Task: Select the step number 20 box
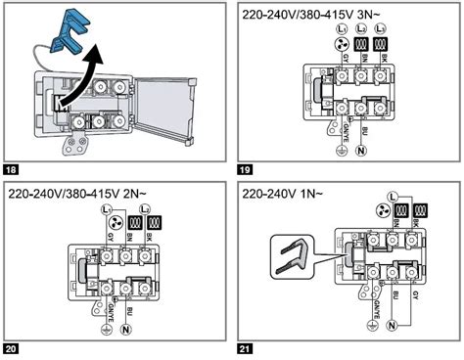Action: click(12, 349)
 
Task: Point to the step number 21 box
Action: click(245, 349)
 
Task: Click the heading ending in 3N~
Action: click(320, 16)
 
